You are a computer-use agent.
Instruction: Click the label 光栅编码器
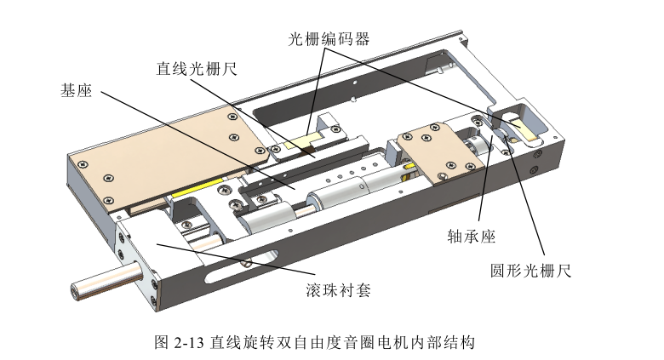[x=328, y=38]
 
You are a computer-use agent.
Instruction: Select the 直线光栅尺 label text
[x=196, y=69]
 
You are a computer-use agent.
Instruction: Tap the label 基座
[x=77, y=90]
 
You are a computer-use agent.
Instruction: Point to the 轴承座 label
[x=471, y=236]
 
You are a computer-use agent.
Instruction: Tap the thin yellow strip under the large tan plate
[x=201, y=188]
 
